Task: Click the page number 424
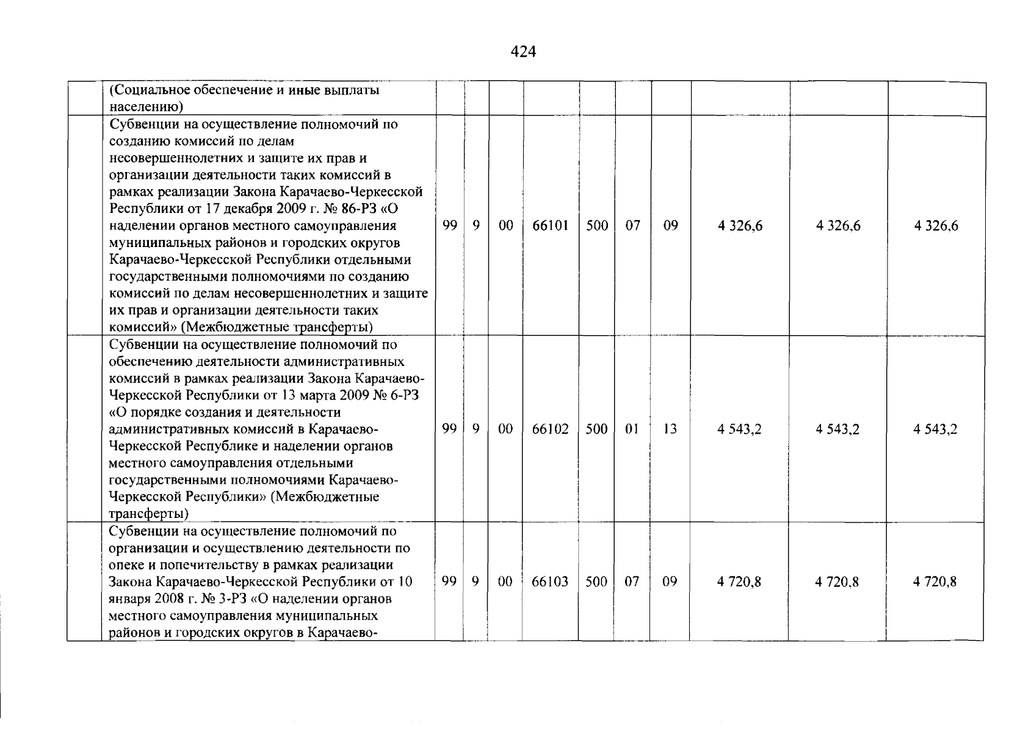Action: (523, 52)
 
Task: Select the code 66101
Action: (550, 226)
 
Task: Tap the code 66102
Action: (550, 429)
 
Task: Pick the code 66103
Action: (550, 581)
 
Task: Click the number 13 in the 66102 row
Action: (670, 429)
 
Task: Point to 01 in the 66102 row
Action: (632, 429)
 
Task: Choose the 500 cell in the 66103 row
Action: (596, 581)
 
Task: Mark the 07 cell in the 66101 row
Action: (632, 226)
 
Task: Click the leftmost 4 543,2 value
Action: (739, 429)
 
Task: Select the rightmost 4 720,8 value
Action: (935, 581)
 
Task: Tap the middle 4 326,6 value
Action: (838, 226)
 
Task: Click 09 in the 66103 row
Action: (670, 581)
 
